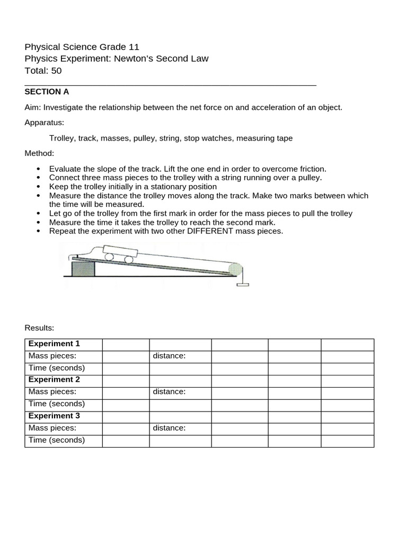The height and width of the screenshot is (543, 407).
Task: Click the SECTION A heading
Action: pos(47,92)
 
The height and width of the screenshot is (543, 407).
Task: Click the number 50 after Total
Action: pos(57,71)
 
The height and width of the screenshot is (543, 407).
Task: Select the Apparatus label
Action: pos(44,122)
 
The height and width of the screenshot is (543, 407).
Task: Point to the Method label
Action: pos(39,153)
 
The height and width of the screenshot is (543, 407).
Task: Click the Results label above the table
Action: pos(39,328)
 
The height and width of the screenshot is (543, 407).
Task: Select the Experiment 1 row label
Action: pos(54,344)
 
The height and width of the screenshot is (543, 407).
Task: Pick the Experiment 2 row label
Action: pos(54,380)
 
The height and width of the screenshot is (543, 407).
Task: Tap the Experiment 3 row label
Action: pos(54,416)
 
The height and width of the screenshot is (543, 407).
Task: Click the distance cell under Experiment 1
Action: pos(169,356)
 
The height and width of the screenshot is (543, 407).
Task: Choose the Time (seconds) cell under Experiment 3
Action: pos(57,440)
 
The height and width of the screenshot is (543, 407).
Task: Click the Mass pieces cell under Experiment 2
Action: pos(52,392)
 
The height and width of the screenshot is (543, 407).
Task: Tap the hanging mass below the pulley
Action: pos(243,285)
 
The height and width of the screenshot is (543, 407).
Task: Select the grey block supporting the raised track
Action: pos(83,268)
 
